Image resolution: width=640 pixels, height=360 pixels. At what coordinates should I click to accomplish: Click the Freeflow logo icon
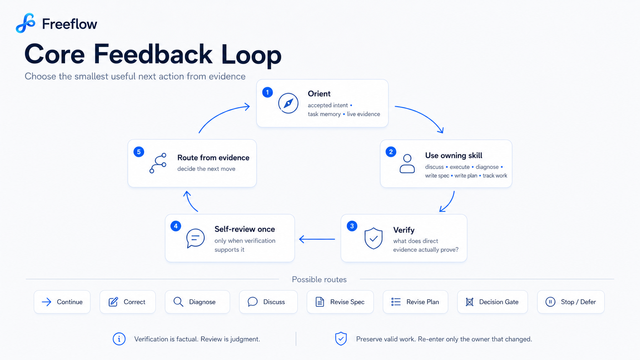point(25,23)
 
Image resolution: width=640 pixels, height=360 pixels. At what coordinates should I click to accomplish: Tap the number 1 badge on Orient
point(268,92)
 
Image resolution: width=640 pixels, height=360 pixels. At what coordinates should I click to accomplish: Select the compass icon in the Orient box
point(288,103)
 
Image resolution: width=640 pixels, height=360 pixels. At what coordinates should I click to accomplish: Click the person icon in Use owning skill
point(407,164)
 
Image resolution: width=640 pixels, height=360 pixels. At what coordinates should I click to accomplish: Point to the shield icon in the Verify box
point(374,238)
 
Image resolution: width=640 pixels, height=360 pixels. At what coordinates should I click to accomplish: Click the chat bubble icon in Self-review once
point(196,238)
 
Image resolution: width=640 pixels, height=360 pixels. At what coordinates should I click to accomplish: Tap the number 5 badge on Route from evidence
point(139,152)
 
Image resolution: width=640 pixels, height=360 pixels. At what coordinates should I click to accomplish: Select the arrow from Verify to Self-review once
point(317,239)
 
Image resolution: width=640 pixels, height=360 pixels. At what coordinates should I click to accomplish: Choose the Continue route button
point(62,302)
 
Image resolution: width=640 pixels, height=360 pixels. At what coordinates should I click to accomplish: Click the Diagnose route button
point(198,302)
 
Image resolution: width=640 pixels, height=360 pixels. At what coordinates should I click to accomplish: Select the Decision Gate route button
point(493,302)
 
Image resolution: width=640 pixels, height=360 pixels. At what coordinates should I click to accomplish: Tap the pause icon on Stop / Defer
point(550,302)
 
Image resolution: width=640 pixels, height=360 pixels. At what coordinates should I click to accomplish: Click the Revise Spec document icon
point(320,302)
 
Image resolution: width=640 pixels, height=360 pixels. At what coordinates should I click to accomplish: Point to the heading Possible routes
point(319,280)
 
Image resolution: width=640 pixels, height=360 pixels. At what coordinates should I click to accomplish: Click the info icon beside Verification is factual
point(119,339)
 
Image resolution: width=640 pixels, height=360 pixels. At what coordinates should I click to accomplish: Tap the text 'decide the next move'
point(206,169)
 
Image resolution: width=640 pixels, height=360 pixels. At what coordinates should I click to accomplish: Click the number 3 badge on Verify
point(352,226)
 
